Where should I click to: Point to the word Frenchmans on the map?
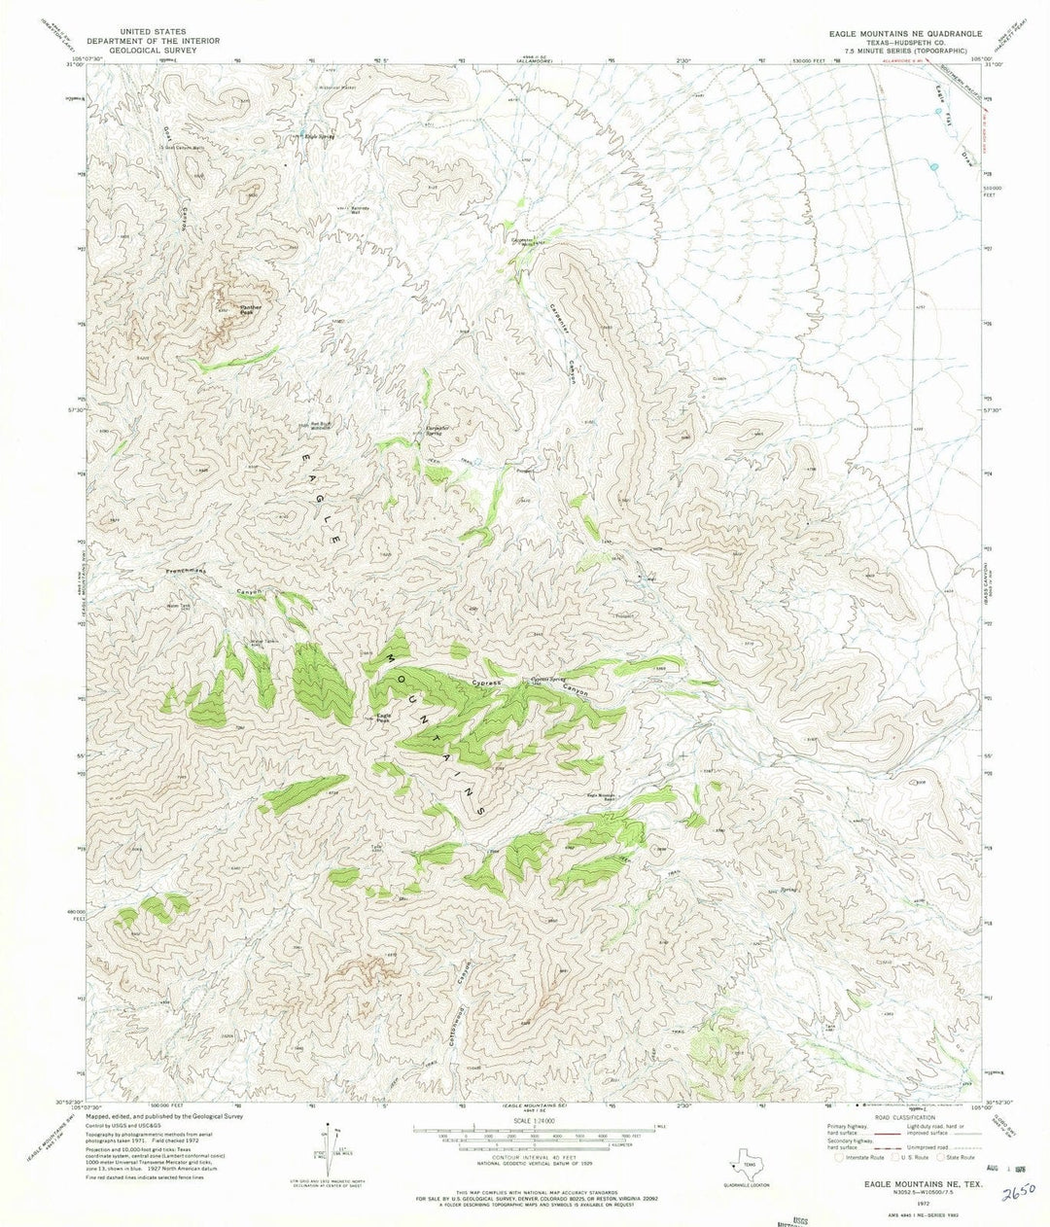pyautogui.click(x=187, y=573)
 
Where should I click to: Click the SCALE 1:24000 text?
pyautogui.click(x=527, y=1120)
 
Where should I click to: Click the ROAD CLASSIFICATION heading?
pyautogui.click(x=886, y=1119)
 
